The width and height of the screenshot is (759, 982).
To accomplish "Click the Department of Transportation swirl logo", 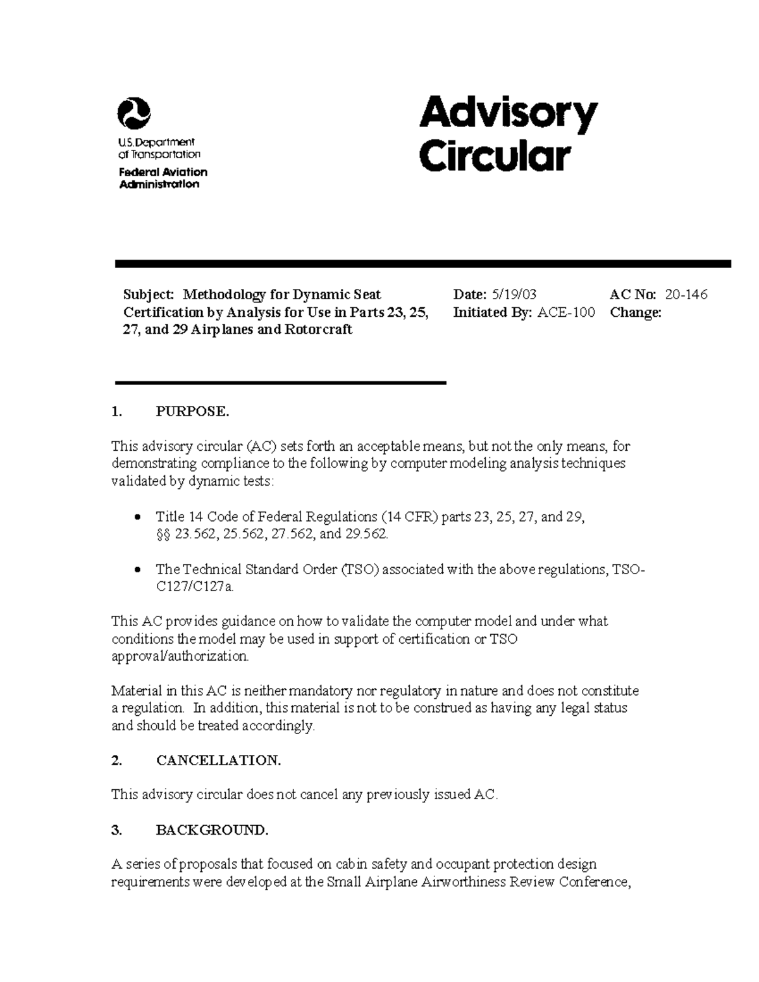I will (134, 114).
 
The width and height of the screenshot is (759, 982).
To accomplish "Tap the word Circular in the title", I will (495, 156).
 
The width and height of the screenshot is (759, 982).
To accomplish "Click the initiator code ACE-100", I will (566, 312).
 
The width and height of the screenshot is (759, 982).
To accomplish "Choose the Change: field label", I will (636, 312).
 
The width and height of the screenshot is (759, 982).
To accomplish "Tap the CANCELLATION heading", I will (218, 760).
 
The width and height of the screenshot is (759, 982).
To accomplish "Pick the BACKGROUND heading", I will (212, 830).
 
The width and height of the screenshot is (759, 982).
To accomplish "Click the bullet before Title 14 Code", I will (139, 518).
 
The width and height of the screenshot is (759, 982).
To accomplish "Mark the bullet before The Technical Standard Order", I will (139, 570).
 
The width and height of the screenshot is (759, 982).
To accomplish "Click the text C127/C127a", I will (195, 587).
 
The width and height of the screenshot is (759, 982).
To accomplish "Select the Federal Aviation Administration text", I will (163, 178).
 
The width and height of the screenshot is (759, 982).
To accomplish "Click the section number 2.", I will (116, 760).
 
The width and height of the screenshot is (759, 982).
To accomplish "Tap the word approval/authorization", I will (180, 656).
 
